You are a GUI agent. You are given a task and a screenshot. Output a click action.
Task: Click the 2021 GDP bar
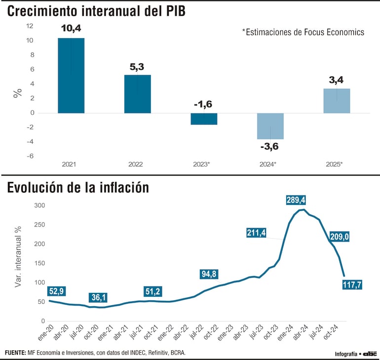pyautogui.click(x=71, y=76)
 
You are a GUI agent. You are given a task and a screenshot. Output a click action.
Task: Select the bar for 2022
pyautogui.click(x=137, y=94)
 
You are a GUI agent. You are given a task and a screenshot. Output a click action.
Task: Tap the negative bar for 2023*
pyautogui.click(x=203, y=119)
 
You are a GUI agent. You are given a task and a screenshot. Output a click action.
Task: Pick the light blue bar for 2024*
pyautogui.click(x=270, y=126)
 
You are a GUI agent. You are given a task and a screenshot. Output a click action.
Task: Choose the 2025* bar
pyautogui.click(x=337, y=101)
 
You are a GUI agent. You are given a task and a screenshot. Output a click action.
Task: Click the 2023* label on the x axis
pyautogui.click(x=203, y=164)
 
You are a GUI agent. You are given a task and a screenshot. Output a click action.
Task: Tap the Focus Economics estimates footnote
pyautogui.click(x=303, y=32)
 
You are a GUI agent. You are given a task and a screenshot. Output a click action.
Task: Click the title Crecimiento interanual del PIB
pyautogui.click(x=96, y=11)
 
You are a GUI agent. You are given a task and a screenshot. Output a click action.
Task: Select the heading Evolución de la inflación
pyautogui.click(x=77, y=188)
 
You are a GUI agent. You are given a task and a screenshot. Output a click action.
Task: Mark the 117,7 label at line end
pyautogui.click(x=352, y=284)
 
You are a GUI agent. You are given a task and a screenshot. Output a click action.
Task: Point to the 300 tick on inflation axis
pyautogui.click(x=39, y=205)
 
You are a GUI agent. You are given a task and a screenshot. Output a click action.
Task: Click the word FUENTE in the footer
pyautogui.click(x=15, y=352)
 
